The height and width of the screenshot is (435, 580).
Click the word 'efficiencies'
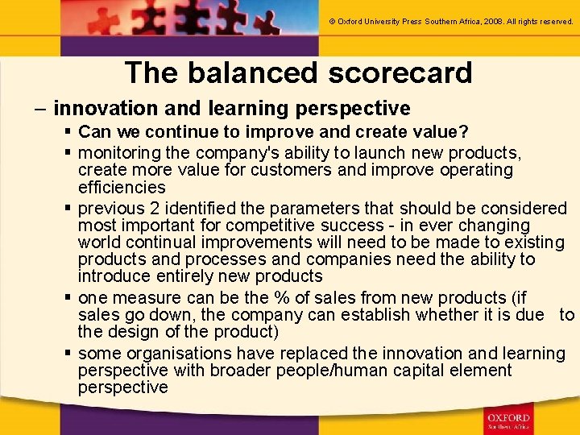click(122, 187)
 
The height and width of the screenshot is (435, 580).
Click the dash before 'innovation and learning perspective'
click(40, 108)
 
